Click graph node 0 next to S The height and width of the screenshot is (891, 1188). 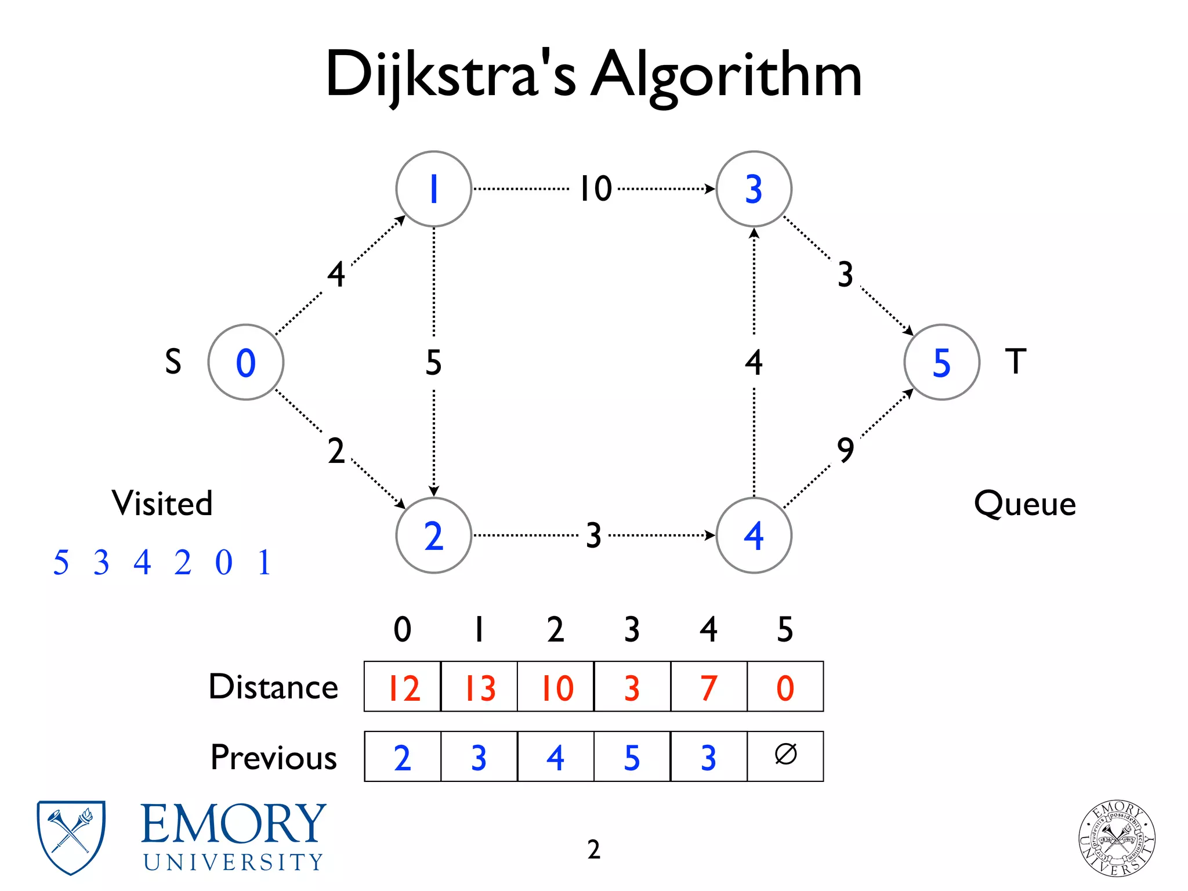246,362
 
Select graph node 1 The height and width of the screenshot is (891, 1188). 433,189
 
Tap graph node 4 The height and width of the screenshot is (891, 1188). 754,535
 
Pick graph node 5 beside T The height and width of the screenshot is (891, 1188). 941,362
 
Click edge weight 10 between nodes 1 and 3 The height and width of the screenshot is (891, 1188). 596,189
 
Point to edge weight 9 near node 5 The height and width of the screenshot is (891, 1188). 846,450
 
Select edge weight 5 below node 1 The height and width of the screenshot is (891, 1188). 433,363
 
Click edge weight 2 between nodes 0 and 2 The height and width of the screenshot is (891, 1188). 336,451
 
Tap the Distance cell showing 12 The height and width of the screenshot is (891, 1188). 403,687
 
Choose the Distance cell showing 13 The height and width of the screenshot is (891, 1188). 479,687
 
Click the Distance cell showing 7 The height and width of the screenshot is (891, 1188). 708,687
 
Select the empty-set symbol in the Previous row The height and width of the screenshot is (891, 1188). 785,755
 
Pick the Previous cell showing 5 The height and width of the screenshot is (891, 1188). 632,757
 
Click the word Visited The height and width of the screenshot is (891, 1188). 162,503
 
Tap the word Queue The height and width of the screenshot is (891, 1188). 1025,503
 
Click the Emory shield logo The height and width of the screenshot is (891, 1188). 71,837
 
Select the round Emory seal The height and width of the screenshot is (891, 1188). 1117,838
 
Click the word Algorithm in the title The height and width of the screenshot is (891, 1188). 726,75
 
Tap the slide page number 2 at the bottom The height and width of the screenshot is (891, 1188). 593,849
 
